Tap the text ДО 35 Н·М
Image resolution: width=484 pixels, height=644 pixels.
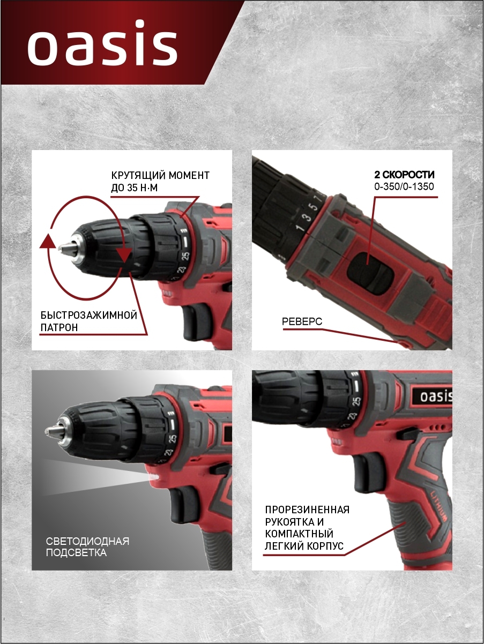click(x=134, y=188)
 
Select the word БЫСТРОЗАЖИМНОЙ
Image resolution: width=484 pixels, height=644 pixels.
click(x=88, y=316)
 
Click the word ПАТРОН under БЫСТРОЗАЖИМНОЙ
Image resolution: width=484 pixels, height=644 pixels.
click(x=59, y=328)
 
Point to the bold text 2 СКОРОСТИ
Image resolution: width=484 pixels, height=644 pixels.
click(x=404, y=175)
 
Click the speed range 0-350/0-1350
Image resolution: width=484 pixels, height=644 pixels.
click(x=404, y=186)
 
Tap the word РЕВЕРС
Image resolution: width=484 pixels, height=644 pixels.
click(x=302, y=321)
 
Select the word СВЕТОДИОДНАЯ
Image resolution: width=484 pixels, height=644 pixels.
click(x=87, y=541)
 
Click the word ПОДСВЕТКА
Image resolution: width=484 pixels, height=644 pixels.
click(x=76, y=553)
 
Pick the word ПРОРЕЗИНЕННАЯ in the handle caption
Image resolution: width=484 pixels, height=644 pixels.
click(x=307, y=510)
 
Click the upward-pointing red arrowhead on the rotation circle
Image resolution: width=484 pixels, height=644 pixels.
click(x=47, y=241)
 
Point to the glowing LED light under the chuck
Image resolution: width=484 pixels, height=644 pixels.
click(x=154, y=477)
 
